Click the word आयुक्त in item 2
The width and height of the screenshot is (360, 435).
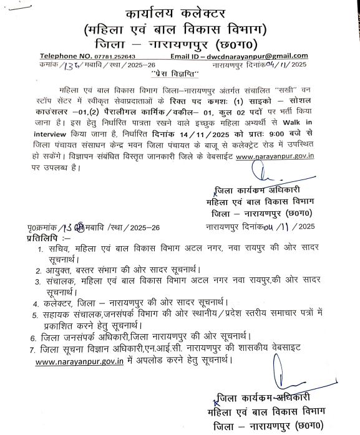(57, 271)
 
